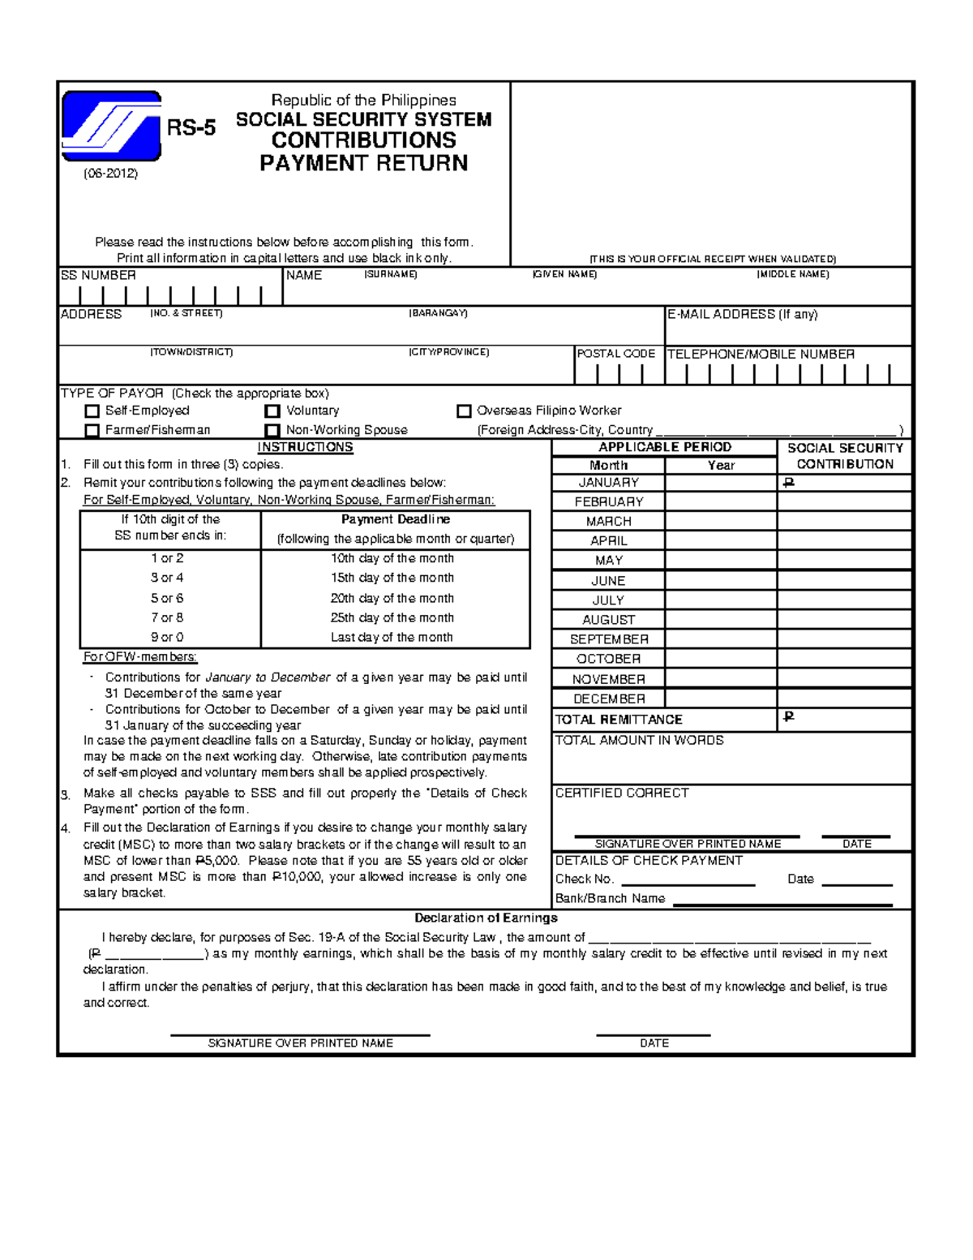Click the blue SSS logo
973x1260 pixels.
(111, 127)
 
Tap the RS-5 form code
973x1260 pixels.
(191, 128)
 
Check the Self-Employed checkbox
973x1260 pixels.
(92, 411)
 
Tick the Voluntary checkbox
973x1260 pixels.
(272, 411)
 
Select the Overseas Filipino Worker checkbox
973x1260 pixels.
(464, 411)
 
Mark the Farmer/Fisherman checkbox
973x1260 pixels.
(92, 430)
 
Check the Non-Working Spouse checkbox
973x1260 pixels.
(272, 430)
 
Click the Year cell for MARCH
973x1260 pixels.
(720, 522)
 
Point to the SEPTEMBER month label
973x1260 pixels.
(609, 639)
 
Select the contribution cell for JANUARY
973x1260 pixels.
(844, 483)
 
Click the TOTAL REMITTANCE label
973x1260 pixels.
(619, 720)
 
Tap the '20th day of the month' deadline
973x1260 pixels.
(392, 598)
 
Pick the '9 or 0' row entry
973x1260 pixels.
(167, 638)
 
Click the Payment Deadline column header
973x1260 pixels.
(396, 519)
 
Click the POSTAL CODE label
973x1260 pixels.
(615, 354)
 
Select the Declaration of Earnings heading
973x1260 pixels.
(486, 918)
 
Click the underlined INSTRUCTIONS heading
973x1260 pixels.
(305, 447)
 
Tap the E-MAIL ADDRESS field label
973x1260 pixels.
(742, 315)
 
